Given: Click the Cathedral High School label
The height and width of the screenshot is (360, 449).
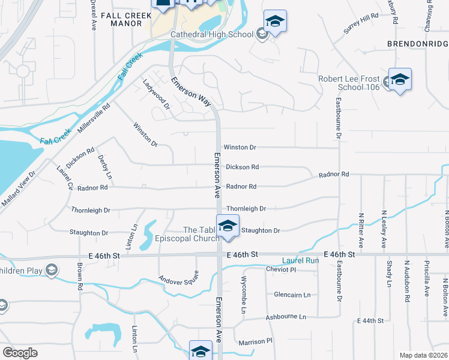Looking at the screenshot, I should coord(212,34).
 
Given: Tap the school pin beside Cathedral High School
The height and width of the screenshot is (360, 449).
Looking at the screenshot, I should coord(275,22).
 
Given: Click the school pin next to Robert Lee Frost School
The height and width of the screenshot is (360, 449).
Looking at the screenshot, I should coord(400,80).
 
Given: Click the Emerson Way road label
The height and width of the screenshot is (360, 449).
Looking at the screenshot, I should coord(191,92).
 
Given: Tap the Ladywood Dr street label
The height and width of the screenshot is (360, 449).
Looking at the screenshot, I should coord(157,93).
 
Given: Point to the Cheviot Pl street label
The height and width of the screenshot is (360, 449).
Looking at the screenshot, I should coord(281,269).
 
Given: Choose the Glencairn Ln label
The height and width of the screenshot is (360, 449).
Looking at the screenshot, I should coord(292,295).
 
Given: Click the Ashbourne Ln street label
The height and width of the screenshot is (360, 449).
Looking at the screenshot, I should coord(286,316).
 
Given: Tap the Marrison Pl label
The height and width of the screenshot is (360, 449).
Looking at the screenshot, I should coord(255,340).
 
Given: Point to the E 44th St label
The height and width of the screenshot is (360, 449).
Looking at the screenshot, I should coord(370,321).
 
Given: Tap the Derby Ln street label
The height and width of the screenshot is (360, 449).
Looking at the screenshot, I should coord(105,167).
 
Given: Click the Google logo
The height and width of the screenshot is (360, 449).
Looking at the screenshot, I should coord(20,352).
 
